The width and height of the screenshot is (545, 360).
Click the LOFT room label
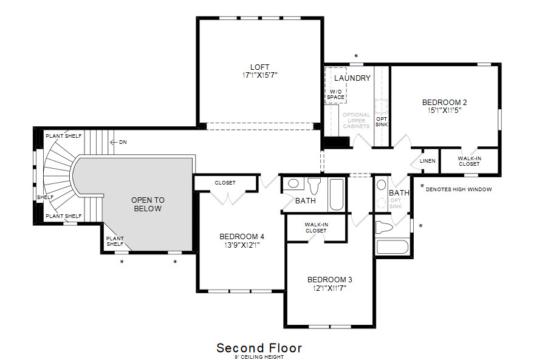pyautogui.click(x=259, y=67)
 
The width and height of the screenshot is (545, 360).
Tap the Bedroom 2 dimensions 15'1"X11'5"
pyautogui.click(x=445, y=110)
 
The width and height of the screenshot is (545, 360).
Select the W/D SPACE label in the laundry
pyautogui.click(x=336, y=95)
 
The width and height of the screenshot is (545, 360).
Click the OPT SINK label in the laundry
pyautogui.click(x=382, y=121)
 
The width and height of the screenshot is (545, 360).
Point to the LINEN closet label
pyautogui.click(x=428, y=161)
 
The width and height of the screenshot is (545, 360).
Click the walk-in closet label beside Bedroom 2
pyautogui.click(x=469, y=161)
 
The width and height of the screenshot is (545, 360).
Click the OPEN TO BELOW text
pyautogui.click(x=148, y=205)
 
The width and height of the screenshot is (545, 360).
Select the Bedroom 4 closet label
pyautogui.click(x=225, y=183)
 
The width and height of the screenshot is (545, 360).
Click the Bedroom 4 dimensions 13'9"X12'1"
pyautogui.click(x=242, y=245)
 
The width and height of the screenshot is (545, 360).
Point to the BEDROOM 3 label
pyautogui.click(x=329, y=279)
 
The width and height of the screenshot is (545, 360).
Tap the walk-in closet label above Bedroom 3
pyautogui.click(x=317, y=228)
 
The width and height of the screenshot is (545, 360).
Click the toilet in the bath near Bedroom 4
pyautogui.click(x=314, y=186)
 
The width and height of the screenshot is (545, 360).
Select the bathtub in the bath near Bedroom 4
pyautogui.click(x=337, y=194)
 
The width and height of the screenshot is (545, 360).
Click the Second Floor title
pyautogui.click(x=259, y=348)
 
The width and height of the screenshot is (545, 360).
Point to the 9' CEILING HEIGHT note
pyautogui.click(x=259, y=357)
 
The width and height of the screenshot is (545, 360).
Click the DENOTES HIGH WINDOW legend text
pyautogui.click(x=459, y=189)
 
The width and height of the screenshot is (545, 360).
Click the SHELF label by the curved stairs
pyautogui.click(x=45, y=197)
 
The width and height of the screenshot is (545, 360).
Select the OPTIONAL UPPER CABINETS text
pyautogui.click(x=356, y=120)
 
